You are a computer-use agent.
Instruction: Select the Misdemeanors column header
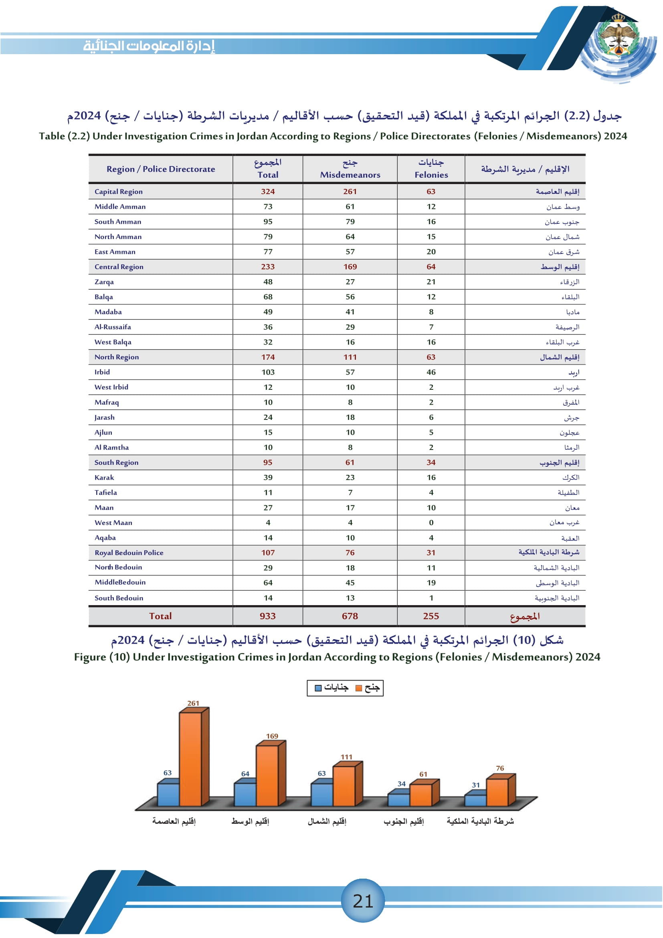350,168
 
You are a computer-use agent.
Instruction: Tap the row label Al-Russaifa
113,327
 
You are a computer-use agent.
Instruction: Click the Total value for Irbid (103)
268,372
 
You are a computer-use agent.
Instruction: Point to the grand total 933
267,616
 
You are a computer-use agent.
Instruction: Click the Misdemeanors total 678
350,616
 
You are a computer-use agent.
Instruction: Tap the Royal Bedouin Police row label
129,553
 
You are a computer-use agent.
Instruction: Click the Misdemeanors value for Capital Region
350,192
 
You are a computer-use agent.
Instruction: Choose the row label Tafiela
106,493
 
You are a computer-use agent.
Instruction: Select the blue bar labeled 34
398,800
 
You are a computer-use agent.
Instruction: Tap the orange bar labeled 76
497,792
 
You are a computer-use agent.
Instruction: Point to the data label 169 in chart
272,736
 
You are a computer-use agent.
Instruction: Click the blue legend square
318,688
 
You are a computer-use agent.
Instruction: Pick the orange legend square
358,688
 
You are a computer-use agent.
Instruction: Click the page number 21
362,901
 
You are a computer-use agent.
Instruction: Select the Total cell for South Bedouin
268,598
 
